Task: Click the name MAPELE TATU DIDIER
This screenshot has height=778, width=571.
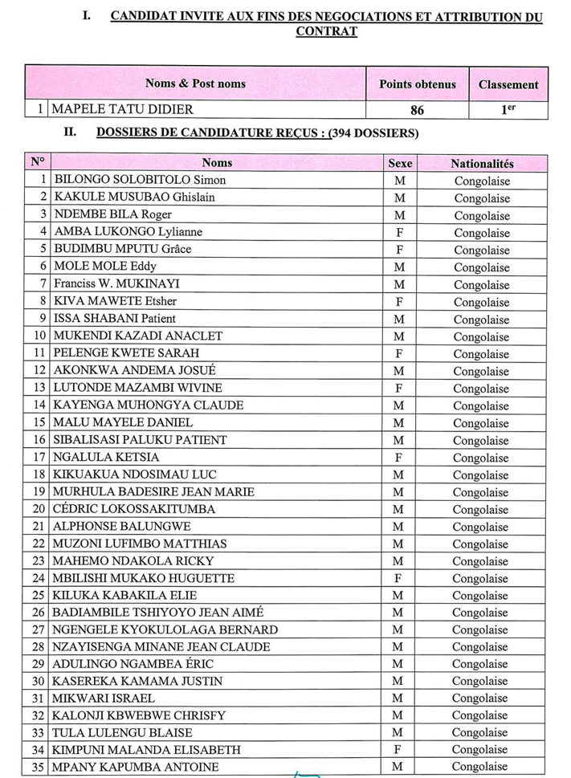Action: [124, 110]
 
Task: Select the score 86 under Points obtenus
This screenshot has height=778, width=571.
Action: [417, 110]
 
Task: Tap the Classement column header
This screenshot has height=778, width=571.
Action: [508, 84]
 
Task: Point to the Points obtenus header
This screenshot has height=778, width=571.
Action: [418, 84]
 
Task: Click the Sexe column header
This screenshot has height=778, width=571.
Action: [400, 163]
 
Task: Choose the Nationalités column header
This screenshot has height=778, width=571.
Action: [482, 163]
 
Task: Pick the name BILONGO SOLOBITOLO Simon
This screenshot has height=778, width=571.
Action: [140, 180]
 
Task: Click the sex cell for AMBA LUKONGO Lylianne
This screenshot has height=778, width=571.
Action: [400, 232]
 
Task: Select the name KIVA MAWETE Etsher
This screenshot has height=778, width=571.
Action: [115, 302]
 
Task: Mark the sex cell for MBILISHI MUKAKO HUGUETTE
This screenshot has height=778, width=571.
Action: [399, 578]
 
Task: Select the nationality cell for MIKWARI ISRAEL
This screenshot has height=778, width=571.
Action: [481, 699]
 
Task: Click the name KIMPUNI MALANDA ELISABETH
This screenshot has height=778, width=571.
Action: [146, 750]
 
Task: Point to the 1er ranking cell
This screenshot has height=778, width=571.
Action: [508, 110]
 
